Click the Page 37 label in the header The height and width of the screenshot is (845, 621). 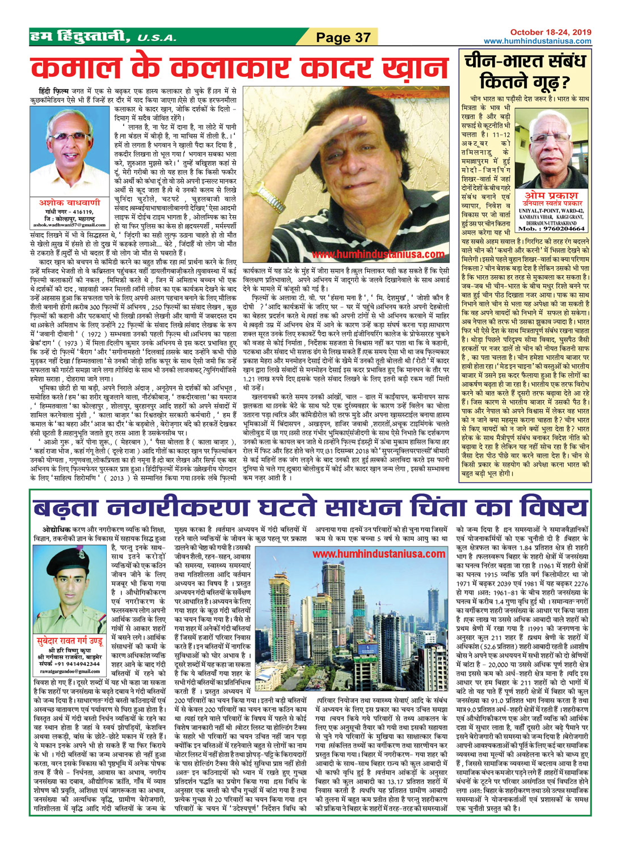343,37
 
